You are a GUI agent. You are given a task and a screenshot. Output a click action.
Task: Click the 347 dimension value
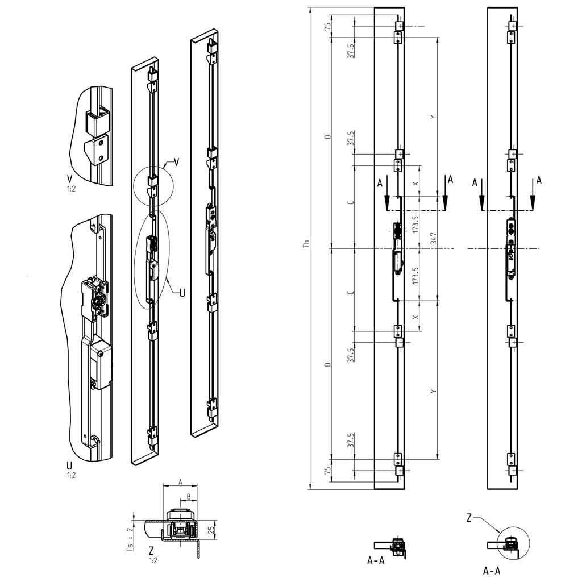coord(433,239)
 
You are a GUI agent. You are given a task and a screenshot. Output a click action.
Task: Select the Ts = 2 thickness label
coord(130,538)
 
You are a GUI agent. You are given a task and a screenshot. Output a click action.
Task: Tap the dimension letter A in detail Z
coord(180,481)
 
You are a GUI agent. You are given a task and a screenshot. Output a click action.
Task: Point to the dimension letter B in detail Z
coord(188,496)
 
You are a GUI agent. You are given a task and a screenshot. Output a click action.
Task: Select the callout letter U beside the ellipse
coord(182,293)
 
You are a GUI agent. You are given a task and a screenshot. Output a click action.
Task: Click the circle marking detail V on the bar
coord(152,188)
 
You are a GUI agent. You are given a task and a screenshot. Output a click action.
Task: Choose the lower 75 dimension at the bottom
coord(327,471)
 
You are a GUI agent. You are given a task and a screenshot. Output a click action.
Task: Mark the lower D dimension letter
coord(327,364)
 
